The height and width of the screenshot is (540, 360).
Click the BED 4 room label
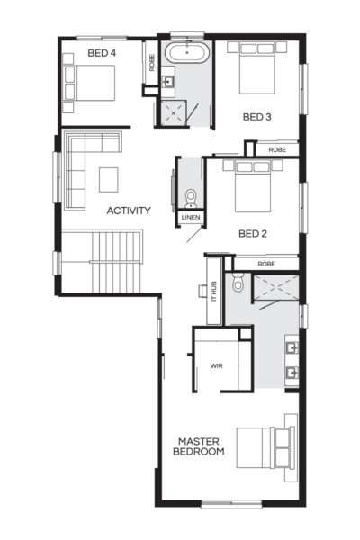coord(102,53)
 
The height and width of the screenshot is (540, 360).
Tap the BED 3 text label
coord(256,117)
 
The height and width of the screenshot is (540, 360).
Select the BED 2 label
coord(253,233)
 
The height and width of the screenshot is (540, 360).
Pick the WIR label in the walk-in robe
coord(216,367)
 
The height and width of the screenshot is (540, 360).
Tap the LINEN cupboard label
coord(190,217)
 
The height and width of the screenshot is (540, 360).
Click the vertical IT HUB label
coord(214,290)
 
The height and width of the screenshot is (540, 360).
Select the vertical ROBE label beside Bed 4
coord(152,61)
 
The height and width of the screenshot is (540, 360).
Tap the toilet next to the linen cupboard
coord(190,197)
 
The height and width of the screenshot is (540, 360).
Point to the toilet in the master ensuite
coord(238,283)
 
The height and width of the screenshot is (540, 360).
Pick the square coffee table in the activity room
coord(108,178)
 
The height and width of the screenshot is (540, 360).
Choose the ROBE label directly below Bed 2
coord(266,264)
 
